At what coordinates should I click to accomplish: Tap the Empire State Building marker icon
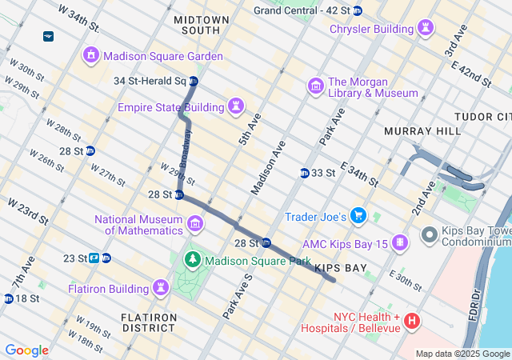(x=237, y=106)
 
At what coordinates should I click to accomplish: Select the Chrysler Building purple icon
(x=426, y=29)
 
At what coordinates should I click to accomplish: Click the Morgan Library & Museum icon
(x=315, y=86)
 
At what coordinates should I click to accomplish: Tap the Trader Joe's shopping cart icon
(x=358, y=216)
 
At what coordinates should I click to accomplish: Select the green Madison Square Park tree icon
(x=192, y=260)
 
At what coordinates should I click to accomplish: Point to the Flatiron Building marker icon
(x=161, y=287)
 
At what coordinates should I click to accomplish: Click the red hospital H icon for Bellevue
(x=412, y=322)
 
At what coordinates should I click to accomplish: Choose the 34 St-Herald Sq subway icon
(x=193, y=82)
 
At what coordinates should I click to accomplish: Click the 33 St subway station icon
(x=304, y=173)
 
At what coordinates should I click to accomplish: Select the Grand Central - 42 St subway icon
(x=357, y=10)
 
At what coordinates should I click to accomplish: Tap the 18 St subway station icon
(x=8, y=298)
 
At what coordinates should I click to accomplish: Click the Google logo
(x=26, y=350)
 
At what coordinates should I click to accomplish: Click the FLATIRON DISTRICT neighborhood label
(x=149, y=322)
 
